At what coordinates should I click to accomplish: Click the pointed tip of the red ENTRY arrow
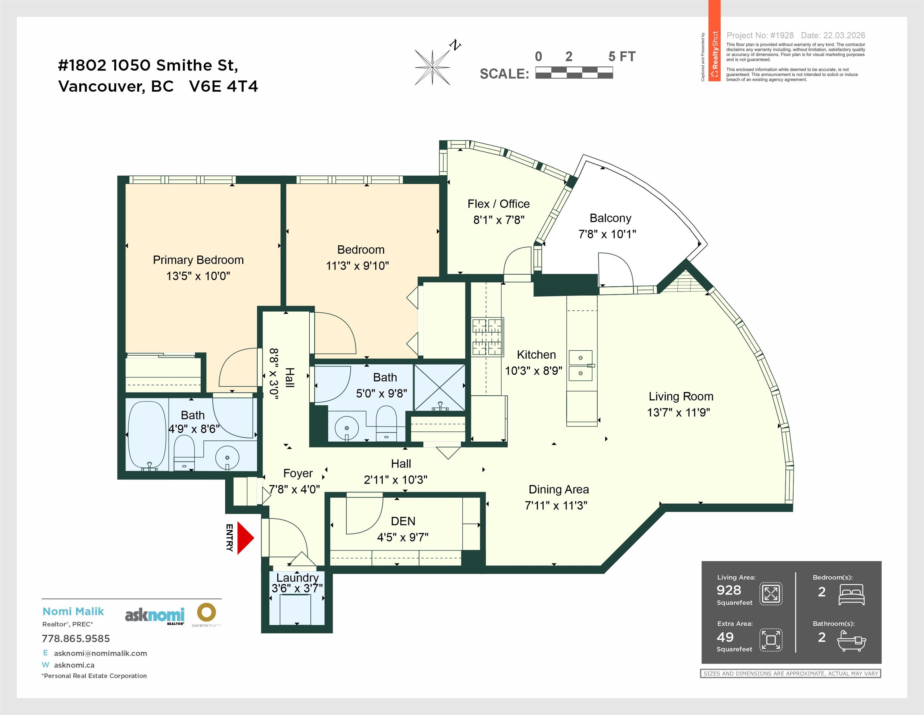tap(254, 538)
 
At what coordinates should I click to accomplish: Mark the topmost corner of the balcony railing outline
tap(584, 155)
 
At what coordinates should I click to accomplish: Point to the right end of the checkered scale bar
tap(612, 73)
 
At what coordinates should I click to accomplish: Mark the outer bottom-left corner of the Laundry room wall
tap(262, 633)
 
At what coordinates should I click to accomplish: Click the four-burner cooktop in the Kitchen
tap(487, 336)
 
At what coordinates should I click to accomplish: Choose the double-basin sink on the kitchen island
tap(581, 365)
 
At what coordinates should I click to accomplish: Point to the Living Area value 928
tap(729, 590)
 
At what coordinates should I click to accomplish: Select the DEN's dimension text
tap(403, 537)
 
